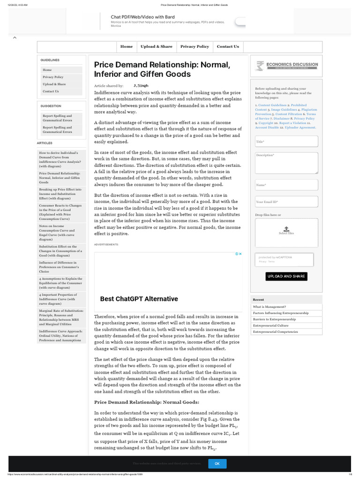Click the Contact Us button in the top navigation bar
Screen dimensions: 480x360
(x=228, y=46)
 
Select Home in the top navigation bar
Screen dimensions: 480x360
(x=127, y=46)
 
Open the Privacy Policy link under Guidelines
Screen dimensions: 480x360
(x=53, y=77)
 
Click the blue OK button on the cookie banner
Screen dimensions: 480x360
(x=217, y=463)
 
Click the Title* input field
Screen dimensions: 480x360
(x=286, y=141)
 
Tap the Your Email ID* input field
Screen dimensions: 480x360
(x=286, y=202)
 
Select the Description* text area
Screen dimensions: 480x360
(x=286, y=163)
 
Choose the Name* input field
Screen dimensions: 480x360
(x=286, y=185)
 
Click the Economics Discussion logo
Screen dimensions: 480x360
(x=286, y=66)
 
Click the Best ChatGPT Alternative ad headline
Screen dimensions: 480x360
(x=139, y=299)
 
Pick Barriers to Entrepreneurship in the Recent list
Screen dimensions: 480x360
(x=274, y=319)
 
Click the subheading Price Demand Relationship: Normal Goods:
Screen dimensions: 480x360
(x=147, y=402)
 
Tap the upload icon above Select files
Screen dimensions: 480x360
(x=286, y=227)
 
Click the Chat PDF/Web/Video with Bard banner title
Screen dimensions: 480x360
(x=142, y=17)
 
